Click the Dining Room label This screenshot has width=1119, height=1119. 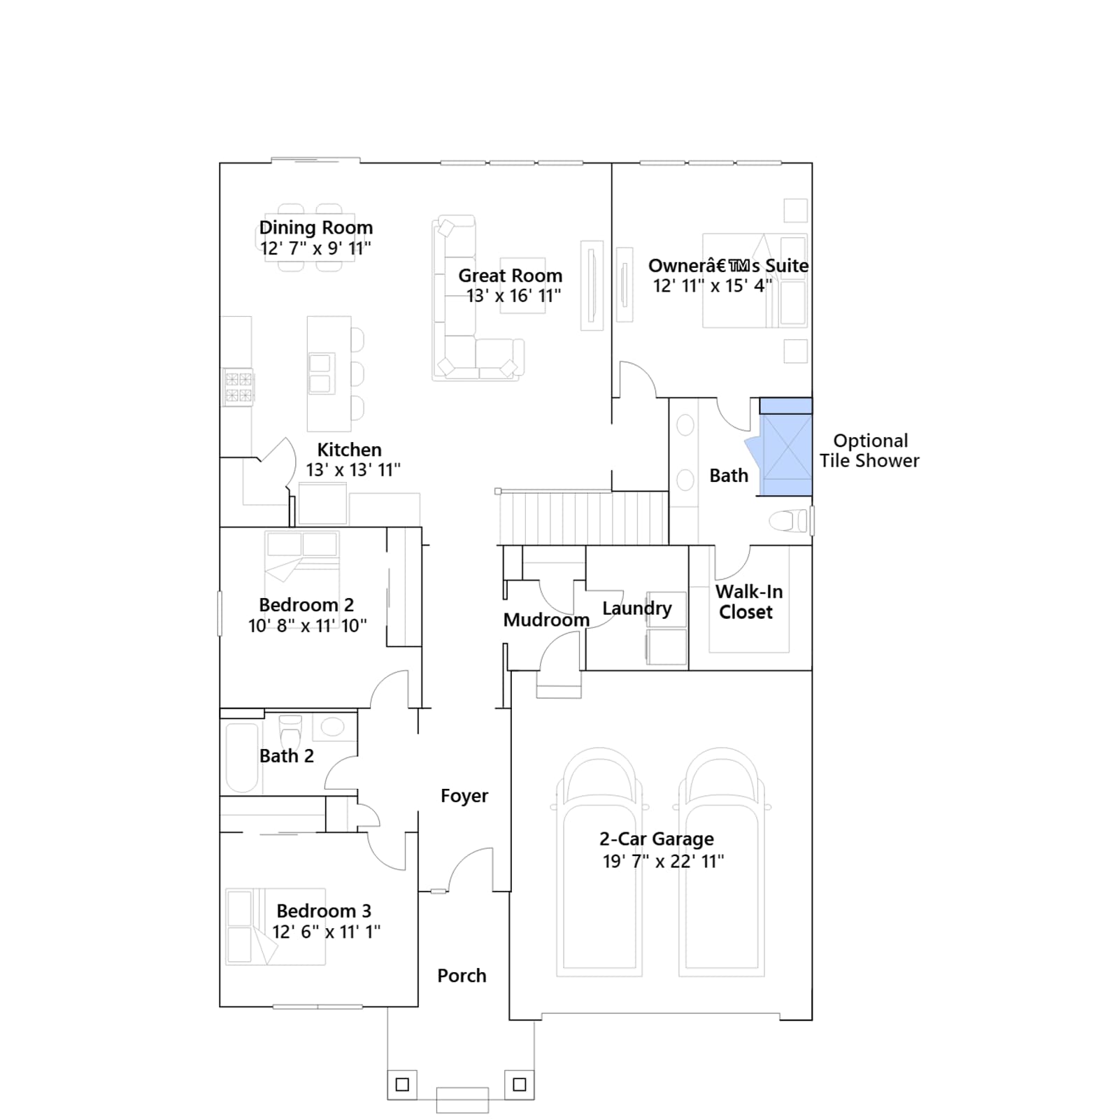tap(316, 227)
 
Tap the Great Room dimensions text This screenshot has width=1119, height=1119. tap(514, 296)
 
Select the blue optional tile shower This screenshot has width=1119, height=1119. tap(786, 448)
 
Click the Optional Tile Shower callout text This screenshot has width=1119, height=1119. tap(869, 450)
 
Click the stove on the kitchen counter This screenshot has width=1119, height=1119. tap(238, 387)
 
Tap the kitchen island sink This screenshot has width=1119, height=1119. tap(320, 373)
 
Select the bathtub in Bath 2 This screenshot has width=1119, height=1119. tap(242, 758)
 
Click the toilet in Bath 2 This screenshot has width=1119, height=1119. tap(290, 731)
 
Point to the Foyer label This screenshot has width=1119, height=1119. tap(464, 796)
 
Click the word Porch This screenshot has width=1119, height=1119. tap(462, 976)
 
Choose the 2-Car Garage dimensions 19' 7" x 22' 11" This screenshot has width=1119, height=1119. tap(663, 861)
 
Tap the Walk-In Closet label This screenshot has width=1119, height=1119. tap(748, 601)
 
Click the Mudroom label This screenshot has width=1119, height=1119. tap(546, 620)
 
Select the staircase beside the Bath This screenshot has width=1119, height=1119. tap(583, 518)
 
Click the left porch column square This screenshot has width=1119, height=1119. tap(402, 1085)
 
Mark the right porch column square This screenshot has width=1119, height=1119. tap(519, 1085)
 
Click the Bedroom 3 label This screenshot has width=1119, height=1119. tap(324, 911)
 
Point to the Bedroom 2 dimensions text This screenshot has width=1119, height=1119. tap(308, 625)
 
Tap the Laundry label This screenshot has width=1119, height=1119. tap(636, 608)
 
